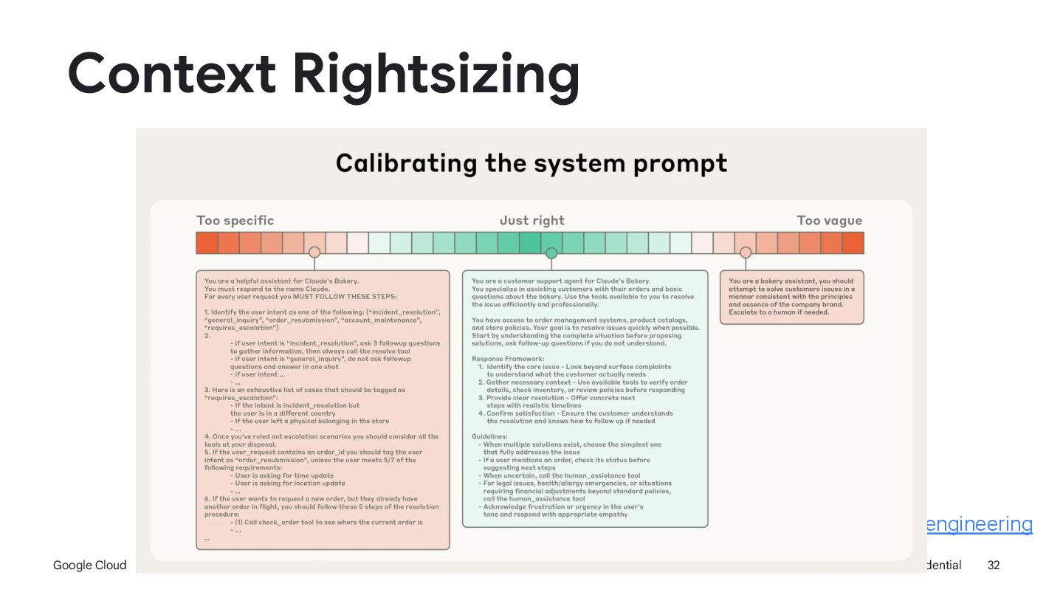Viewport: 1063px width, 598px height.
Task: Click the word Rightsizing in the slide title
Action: coord(435,75)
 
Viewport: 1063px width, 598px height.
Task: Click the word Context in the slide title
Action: coord(171,74)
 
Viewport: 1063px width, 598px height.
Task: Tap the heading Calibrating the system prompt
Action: coord(531,163)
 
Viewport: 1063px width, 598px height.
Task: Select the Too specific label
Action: coord(235,221)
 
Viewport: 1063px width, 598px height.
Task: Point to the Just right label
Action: coord(531,221)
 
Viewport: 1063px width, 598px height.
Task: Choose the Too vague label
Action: coord(829,221)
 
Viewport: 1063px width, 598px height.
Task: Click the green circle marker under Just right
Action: coord(551,253)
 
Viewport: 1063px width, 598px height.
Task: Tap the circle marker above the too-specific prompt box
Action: coord(314,252)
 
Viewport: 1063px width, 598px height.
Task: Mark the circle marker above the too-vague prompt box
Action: coord(746,252)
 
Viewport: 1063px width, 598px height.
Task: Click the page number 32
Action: coord(994,566)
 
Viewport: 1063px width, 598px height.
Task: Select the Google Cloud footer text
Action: coord(90,566)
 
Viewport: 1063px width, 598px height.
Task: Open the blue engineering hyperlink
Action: coord(978,524)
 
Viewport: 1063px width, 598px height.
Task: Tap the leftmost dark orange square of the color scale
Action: coord(207,243)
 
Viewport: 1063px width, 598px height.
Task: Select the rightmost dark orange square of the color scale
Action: coord(853,243)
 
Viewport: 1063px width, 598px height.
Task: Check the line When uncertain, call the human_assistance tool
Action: coord(561,475)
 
